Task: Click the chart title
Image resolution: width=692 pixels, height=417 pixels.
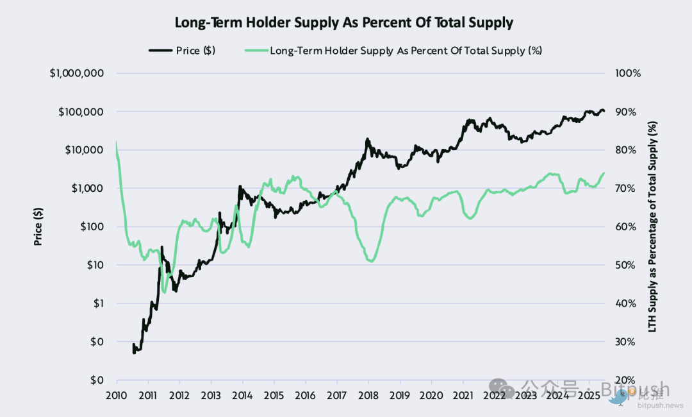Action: click(x=344, y=22)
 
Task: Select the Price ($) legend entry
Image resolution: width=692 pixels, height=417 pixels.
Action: click(x=183, y=50)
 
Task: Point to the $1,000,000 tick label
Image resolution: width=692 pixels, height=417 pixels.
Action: click(x=77, y=73)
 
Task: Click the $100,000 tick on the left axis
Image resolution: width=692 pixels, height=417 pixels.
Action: click(x=81, y=112)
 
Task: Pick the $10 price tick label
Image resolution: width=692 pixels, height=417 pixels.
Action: click(x=95, y=265)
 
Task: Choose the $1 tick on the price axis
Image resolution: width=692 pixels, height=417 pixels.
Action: click(x=97, y=303)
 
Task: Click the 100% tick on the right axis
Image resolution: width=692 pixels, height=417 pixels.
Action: click(x=627, y=73)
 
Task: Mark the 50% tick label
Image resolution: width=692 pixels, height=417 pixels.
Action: click(x=625, y=265)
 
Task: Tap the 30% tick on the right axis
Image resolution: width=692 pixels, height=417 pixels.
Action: click(x=625, y=342)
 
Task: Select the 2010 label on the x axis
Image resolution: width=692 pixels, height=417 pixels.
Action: click(x=117, y=395)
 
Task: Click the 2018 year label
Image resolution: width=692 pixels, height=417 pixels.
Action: click(x=368, y=395)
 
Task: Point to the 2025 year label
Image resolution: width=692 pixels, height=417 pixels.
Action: click(x=588, y=395)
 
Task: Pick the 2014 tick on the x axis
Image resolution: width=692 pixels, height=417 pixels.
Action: click(x=242, y=395)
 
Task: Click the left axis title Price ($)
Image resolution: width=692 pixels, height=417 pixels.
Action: click(x=38, y=226)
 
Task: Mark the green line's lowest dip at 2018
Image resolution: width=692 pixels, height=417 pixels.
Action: click(x=371, y=260)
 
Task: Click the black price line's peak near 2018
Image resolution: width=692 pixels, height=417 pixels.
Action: click(x=367, y=139)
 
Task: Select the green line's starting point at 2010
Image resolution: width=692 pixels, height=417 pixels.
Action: click(x=117, y=142)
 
